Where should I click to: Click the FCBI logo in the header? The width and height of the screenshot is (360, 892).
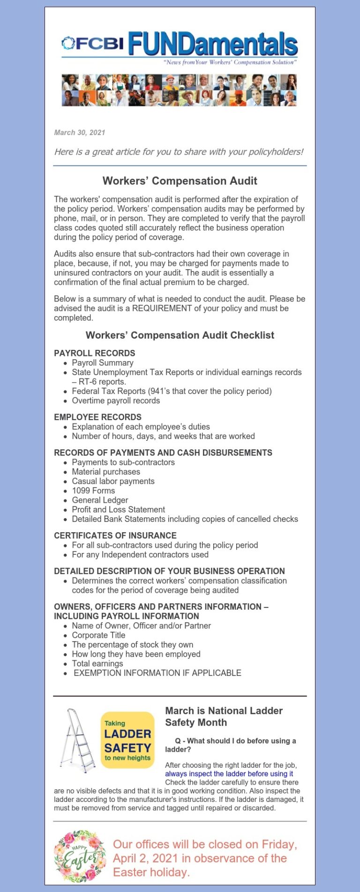(93, 43)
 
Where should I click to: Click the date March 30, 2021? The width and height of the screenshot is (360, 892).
(80, 133)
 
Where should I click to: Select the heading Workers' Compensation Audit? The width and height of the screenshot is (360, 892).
(180, 181)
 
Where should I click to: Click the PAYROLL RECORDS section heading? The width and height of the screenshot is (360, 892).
(95, 353)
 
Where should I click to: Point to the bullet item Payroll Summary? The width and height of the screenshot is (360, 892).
(103, 363)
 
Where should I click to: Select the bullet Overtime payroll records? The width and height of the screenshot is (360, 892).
(116, 401)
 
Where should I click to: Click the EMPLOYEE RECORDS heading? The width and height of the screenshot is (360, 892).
(97, 417)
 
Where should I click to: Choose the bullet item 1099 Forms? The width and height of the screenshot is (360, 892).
(93, 491)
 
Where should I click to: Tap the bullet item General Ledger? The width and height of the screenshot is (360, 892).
(100, 500)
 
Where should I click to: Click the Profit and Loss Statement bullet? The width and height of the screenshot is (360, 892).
(118, 509)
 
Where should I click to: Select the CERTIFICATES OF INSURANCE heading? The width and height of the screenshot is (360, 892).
(115, 536)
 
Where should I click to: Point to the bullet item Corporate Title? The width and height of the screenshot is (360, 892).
(98, 635)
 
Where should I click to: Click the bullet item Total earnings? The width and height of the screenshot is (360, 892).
(97, 663)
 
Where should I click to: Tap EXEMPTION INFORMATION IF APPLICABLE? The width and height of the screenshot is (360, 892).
(157, 673)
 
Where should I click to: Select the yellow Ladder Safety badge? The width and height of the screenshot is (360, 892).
(127, 740)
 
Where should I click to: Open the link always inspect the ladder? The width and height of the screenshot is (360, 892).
(229, 774)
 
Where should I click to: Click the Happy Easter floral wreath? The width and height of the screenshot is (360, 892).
(80, 856)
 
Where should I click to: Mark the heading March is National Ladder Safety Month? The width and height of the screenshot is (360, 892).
(224, 717)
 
